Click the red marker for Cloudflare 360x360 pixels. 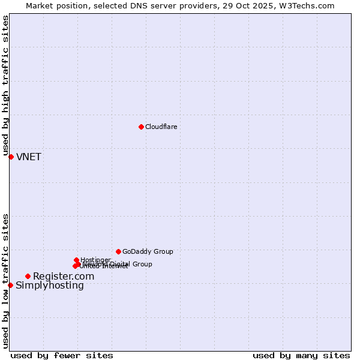click(x=141, y=127)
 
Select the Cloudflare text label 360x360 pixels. click(x=161, y=127)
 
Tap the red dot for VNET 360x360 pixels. click(x=11, y=157)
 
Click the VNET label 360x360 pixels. click(x=29, y=157)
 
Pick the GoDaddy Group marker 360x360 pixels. click(x=118, y=251)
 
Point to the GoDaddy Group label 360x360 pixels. click(x=148, y=251)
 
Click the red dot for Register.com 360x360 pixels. click(x=28, y=276)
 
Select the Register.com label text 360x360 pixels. click(x=63, y=277)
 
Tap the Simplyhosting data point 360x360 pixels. click(x=10, y=285)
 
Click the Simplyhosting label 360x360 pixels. click(x=50, y=286)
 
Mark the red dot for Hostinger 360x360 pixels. click(x=76, y=260)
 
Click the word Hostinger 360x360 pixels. click(x=96, y=260)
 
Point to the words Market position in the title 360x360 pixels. click(x=53, y=6)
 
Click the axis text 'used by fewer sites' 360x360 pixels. click(x=62, y=355)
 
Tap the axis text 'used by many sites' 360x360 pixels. click(x=301, y=355)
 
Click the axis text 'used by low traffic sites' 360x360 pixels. click(x=6, y=281)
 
